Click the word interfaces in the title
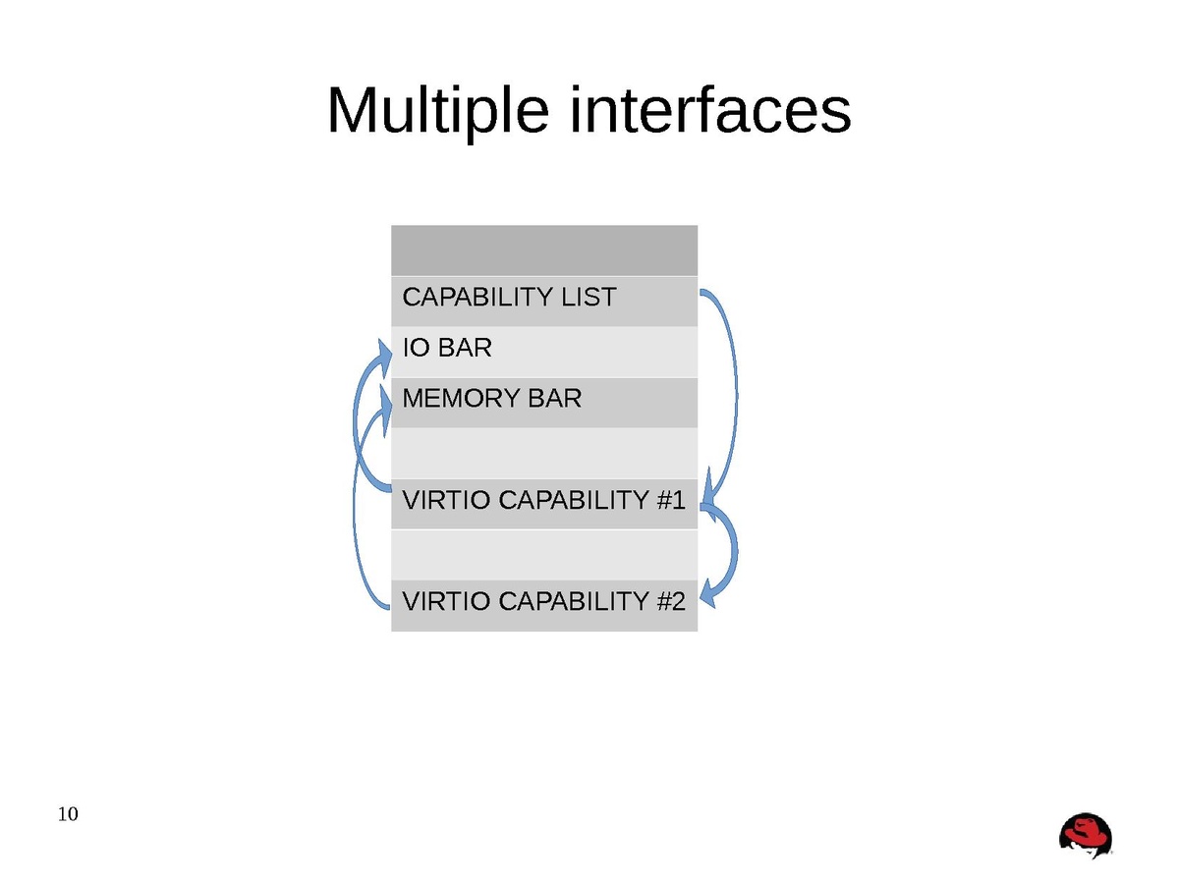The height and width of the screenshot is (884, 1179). tap(709, 110)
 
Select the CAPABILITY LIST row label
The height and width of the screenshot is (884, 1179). tap(509, 297)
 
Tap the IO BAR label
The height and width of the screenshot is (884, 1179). tap(447, 348)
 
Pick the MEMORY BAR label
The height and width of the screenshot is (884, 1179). tap(491, 399)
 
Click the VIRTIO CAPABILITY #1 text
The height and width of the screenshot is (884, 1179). tap(543, 500)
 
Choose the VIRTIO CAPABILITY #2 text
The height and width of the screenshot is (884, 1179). tap(543, 601)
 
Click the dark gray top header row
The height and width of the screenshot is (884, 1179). tap(544, 250)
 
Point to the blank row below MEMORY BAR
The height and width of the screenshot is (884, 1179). tap(544, 452)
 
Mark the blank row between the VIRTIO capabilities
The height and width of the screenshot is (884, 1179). tap(544, 554)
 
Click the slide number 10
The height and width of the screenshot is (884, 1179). tap(69, 814)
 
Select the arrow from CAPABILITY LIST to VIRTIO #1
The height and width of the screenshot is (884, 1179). tap(732, 393)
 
